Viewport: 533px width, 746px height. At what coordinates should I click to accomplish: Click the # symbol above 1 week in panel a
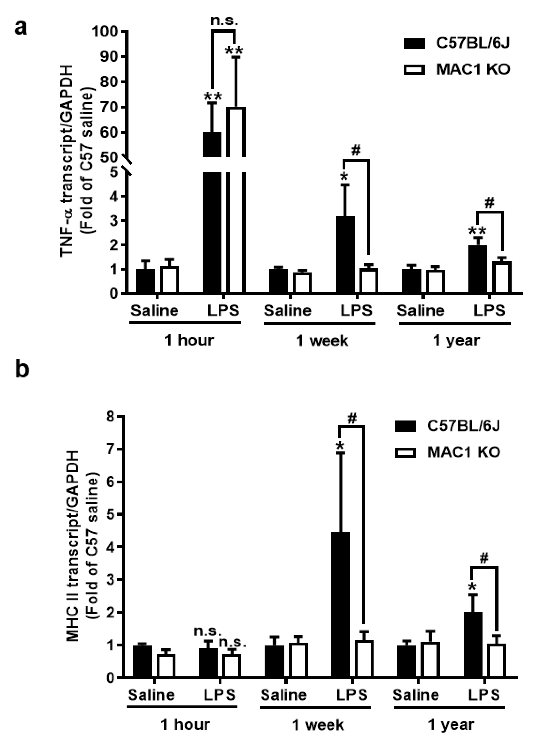click(x=356, y=151)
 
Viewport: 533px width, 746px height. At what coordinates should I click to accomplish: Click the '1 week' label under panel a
click(x=322, y=341)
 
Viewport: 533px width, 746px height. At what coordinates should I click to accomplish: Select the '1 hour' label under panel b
click(x=185, y=725)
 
